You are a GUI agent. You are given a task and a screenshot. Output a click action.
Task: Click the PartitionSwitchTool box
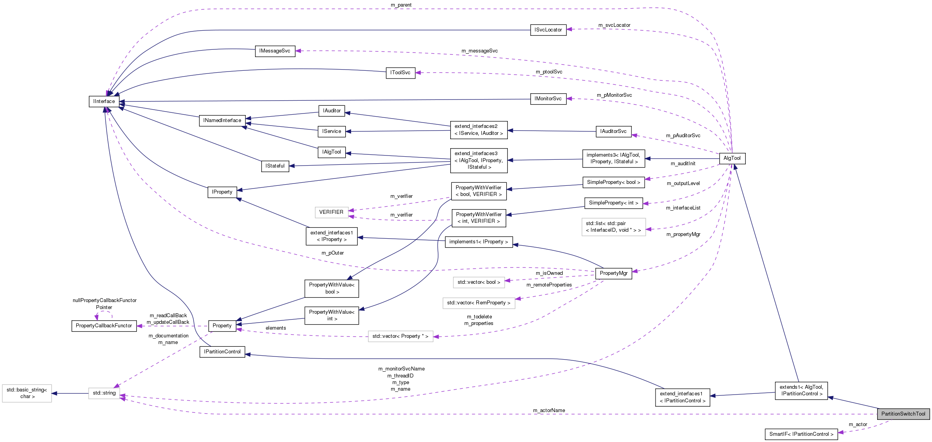[903, 414]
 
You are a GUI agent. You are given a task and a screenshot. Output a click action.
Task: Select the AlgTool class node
[732, 158]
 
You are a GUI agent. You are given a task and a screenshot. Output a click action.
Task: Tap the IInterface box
[104, 101]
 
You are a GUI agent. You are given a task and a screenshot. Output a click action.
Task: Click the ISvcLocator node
[548, 30]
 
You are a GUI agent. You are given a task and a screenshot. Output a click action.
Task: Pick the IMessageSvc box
[275, 51]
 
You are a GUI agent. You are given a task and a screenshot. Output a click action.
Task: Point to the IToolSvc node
[400, 73]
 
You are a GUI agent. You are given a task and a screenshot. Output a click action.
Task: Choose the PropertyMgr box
[613, 273]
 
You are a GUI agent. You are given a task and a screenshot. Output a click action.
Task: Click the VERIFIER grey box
[331, 212]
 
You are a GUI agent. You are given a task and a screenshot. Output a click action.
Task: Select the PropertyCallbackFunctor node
[104, 326]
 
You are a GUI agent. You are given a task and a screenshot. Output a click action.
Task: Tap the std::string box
[104, 393]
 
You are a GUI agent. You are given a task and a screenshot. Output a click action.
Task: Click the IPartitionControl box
[222, 352]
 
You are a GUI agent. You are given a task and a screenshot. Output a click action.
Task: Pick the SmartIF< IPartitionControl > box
[801, 434]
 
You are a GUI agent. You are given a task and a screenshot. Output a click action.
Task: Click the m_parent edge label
[401, 5]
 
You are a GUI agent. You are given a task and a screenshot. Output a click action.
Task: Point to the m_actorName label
[549, 411]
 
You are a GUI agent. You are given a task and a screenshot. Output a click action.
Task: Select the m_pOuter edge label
[332, 253]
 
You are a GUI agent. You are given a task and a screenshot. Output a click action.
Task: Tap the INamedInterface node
[222, 121]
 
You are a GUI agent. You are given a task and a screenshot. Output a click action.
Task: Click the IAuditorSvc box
[613, 131]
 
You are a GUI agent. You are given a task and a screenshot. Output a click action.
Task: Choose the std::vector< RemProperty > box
[478, 303]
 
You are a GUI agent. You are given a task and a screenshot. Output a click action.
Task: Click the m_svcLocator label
[614, 25]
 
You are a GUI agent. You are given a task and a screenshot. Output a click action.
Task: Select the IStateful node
[275, 166]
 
